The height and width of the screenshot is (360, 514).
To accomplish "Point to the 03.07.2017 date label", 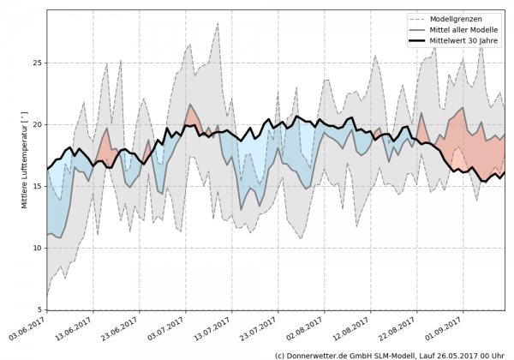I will click(171, 328).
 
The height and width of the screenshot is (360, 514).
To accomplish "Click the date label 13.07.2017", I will click(218, 328).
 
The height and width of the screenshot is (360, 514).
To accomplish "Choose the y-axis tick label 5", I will click(39, 309).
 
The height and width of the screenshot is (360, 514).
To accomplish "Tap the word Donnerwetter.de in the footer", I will click(323, 354).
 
